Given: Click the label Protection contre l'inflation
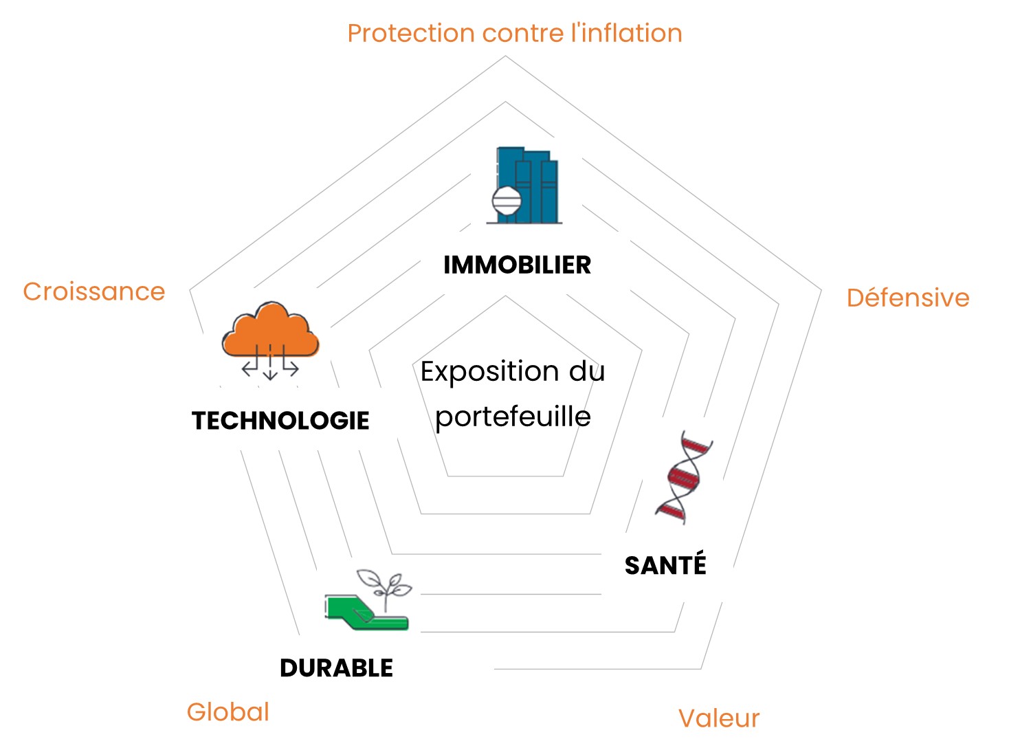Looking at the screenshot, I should [x=514, y=33].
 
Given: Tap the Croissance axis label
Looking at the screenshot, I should [x=94, y=291].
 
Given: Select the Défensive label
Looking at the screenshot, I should [x=907, y=298].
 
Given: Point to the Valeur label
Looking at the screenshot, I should [x=718, y=718].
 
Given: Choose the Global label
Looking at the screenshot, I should [x=228, y=712].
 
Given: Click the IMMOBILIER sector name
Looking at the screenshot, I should [x=517, y=265].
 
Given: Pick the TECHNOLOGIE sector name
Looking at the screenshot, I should [x=280, y=421].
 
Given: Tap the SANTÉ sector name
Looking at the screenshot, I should [x=665, y=565].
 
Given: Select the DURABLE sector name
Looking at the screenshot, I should [x=336, y=668].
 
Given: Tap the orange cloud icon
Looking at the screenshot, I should [x=270, y=330].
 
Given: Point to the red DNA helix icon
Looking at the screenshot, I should [x=683, y=478].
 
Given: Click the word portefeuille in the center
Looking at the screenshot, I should [x=513, y=417].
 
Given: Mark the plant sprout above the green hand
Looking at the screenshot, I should [x=385, y=584].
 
